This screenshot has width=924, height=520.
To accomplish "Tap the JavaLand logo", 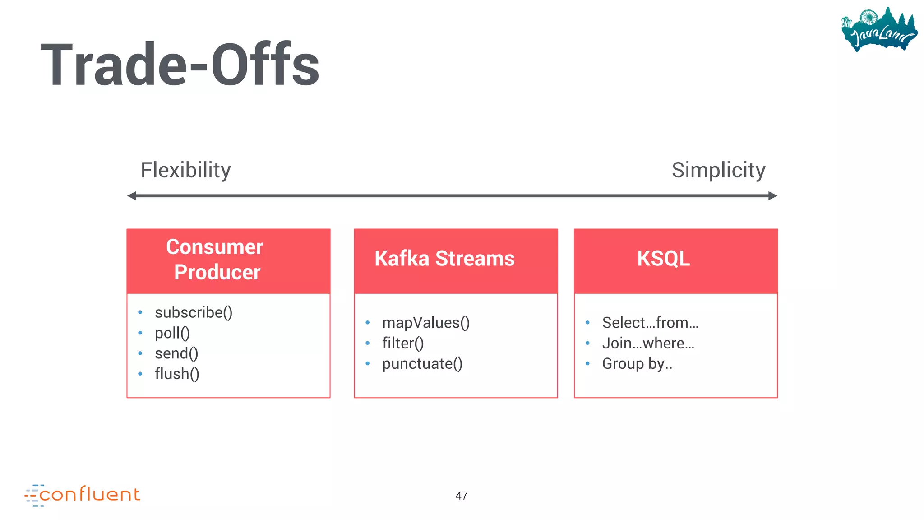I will pos(878,30).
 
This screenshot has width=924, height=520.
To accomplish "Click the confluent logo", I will pos(83,495).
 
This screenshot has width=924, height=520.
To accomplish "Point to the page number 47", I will pos(461,496).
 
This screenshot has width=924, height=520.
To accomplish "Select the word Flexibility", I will pos(185,171).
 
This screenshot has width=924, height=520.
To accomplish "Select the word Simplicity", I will pos(718,171).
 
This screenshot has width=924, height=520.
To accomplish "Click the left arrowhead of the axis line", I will pos(132,196).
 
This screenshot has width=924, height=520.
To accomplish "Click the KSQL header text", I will pos(663,259).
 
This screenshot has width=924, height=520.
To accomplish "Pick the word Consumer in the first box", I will pos(214,247).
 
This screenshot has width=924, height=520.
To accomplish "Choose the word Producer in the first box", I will pos(217,272).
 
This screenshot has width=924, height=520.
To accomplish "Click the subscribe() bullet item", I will pos(193,312).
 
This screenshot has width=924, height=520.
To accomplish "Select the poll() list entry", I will pos(172,333).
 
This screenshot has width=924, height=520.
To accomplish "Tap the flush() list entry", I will pos(177,374).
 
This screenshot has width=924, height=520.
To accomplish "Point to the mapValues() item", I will pos(425,323).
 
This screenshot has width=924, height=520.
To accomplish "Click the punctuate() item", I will pos(422,364).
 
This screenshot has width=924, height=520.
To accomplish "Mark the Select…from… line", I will pos(650,323).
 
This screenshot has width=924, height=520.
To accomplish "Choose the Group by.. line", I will pos(637,364).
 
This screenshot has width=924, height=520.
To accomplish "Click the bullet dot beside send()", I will pos(140,353).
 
